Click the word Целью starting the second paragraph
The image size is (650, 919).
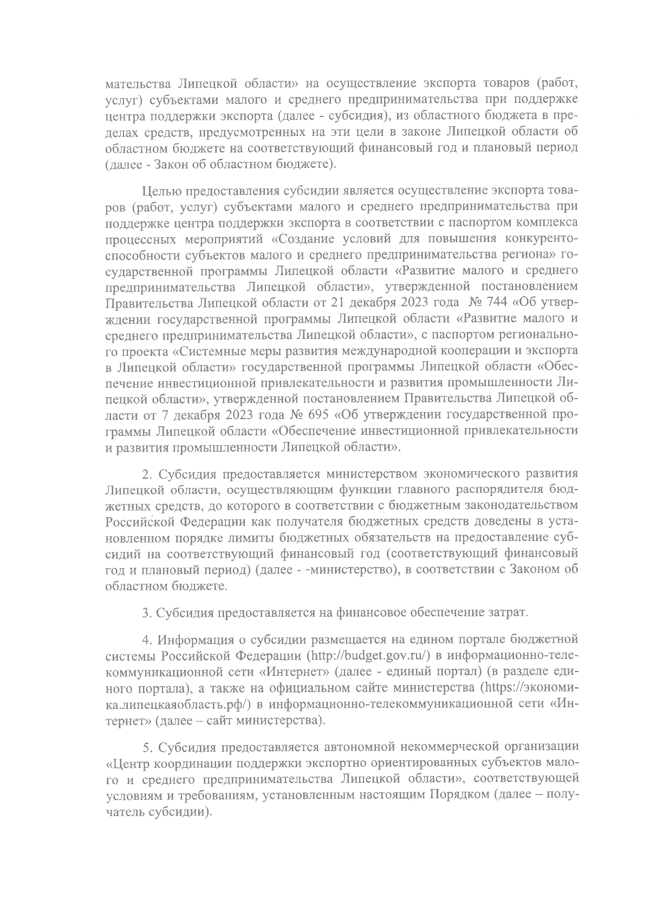pos(161,191)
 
